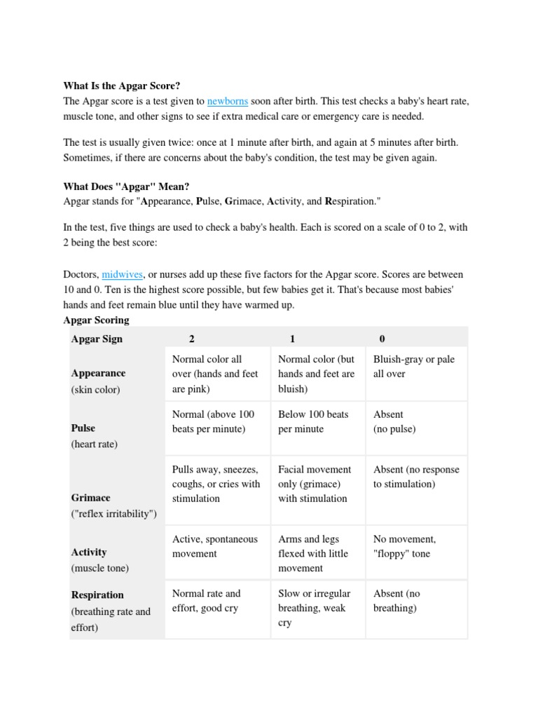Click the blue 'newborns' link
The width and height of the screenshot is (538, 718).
[228, 101]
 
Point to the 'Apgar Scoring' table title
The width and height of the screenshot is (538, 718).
[96, 320]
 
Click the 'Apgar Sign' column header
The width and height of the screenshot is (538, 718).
[97, 339]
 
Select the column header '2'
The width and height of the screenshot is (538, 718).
[192, 339]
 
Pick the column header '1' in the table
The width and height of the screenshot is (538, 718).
[292, 339]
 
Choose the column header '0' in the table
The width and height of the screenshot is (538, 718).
[382, 339]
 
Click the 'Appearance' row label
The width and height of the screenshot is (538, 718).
[98, 374]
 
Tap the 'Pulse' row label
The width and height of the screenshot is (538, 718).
[83, 428]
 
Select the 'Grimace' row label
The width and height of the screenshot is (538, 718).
[91, 498]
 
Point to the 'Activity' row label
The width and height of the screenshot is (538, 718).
[89, 553]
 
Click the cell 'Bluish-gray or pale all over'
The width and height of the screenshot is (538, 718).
[413, 367]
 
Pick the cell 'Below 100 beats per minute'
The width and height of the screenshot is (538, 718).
[312, 421]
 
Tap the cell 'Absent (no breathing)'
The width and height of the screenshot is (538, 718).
[396, 601]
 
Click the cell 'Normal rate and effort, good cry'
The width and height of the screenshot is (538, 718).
[206, 601]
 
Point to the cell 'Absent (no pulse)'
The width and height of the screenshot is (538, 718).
[394, 421]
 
